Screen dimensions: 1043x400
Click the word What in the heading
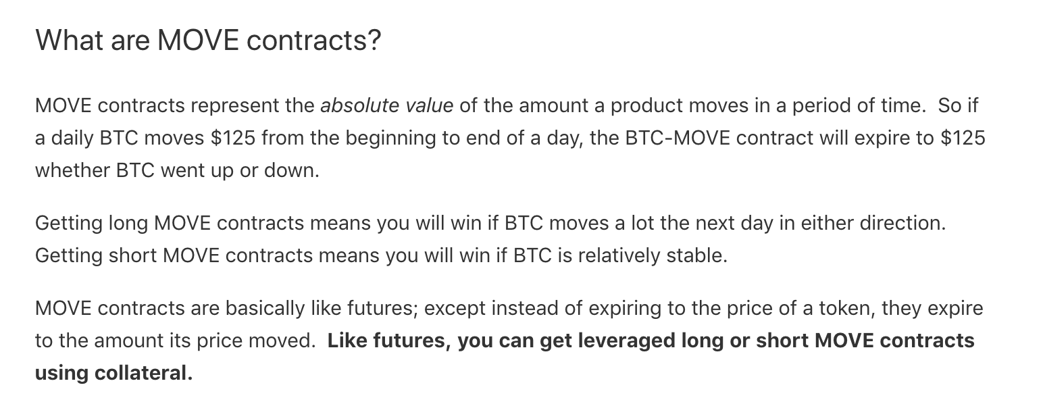coord(70,40)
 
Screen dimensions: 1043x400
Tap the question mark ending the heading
coord(374,40)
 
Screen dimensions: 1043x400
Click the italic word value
coord(429,105)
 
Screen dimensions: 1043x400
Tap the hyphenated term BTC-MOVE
coord(678,139)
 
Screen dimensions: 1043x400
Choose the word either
coord(827,223)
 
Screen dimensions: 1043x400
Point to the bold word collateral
coord(143,373)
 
